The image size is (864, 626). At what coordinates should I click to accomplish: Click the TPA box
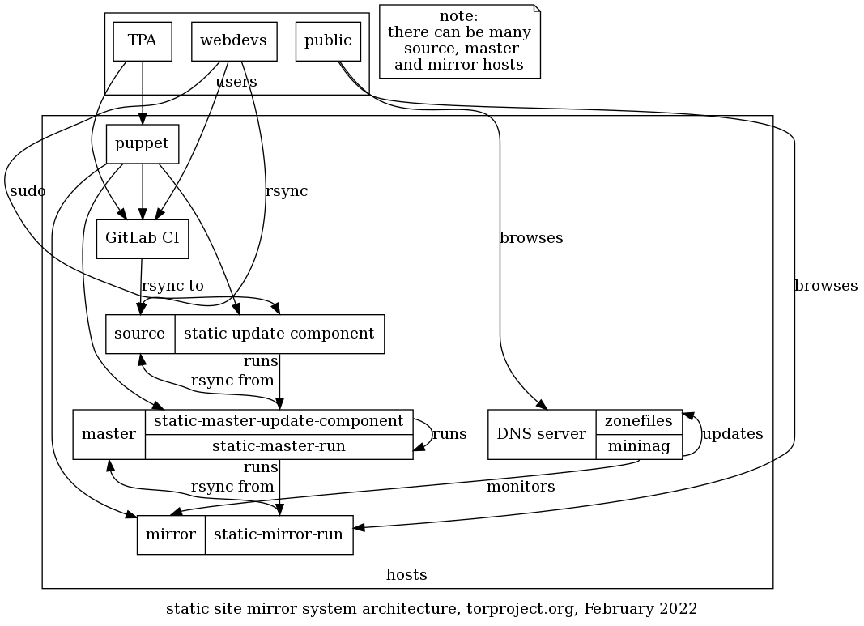143,41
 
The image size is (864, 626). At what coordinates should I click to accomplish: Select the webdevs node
234,41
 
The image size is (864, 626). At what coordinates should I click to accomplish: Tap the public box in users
328,41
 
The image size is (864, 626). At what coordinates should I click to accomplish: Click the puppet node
143,144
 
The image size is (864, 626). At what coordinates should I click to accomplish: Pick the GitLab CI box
143,239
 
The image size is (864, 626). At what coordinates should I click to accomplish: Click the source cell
140,334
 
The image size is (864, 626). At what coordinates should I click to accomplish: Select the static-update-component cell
279,334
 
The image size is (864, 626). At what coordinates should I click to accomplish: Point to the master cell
109,434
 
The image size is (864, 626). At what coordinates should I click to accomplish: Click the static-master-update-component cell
279,421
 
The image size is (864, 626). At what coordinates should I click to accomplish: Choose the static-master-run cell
279,446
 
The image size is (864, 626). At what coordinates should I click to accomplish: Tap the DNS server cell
542,434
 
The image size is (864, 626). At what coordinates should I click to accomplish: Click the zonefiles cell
639,421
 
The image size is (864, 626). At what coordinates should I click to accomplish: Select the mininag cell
639,446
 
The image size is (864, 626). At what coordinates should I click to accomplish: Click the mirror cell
171,534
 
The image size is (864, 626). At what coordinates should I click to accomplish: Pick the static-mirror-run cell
279,534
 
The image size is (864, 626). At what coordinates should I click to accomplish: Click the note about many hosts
459,41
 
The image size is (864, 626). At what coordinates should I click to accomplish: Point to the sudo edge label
28,191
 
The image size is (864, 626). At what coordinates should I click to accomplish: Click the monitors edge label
521,487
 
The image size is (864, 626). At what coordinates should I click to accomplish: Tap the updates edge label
732,434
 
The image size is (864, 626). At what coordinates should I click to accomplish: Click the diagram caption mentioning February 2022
432,608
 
